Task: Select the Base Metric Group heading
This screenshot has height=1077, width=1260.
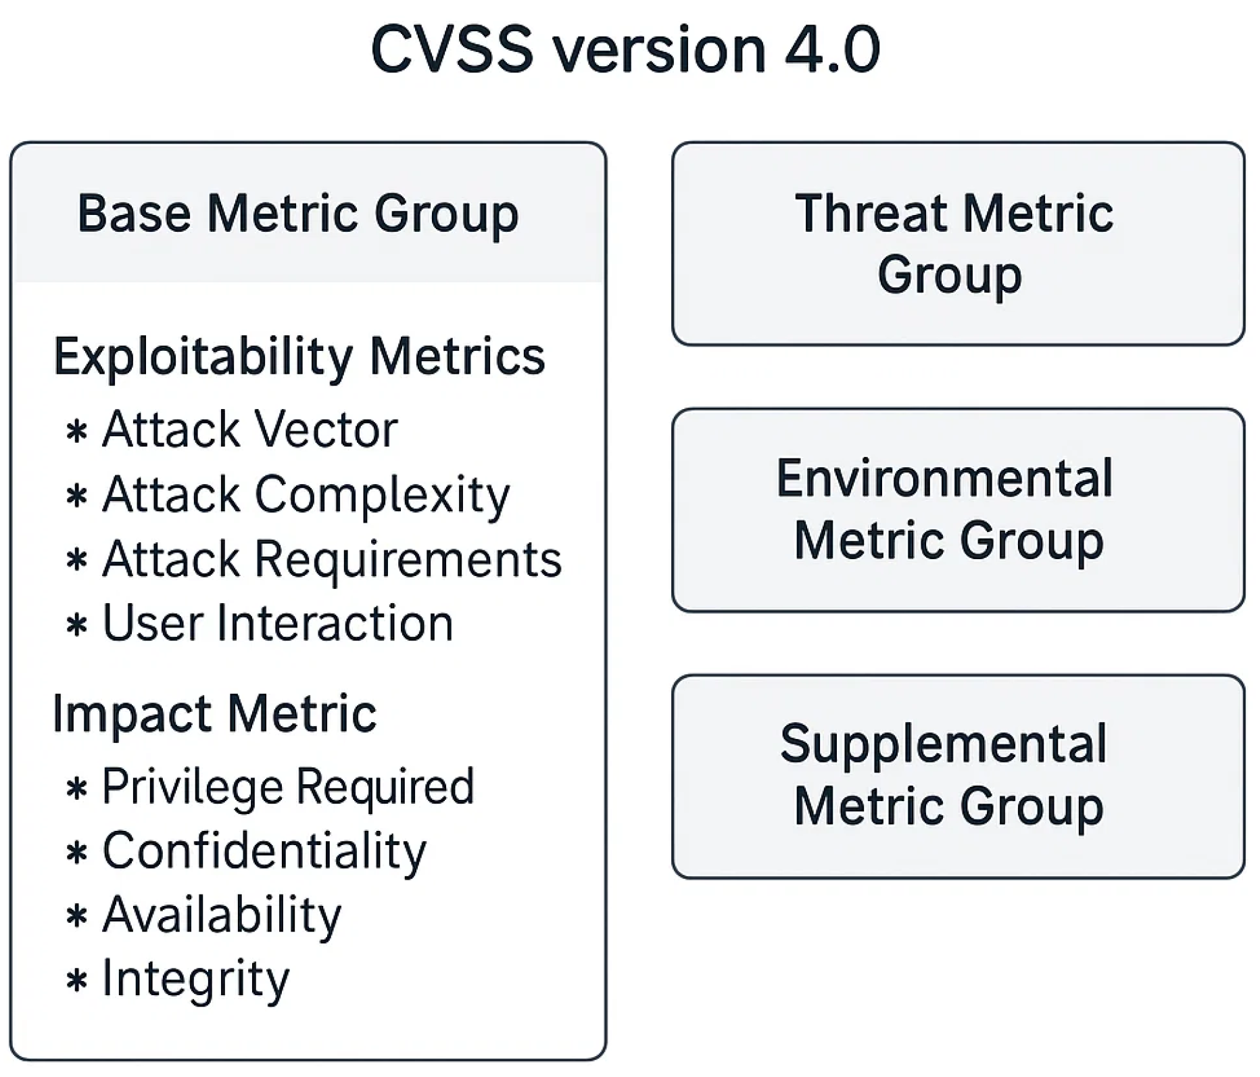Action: click(x=298, y=214)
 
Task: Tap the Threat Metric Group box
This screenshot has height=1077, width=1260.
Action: click(x=958, y=243)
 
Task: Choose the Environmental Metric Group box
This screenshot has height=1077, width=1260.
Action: click(x=958, y=510)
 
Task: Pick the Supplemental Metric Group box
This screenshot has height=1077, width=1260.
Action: click(x=958, y=776)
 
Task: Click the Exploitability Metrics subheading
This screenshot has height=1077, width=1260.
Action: click(x=299, y=357)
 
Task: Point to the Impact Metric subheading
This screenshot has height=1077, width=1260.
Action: click(x=214, y=714)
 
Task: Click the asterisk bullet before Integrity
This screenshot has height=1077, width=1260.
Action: click(x=77, y=981)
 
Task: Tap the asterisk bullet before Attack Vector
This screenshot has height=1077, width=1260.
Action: click(x=77, y=431)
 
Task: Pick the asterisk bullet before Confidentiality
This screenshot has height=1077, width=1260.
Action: click(x=77, y=853)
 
